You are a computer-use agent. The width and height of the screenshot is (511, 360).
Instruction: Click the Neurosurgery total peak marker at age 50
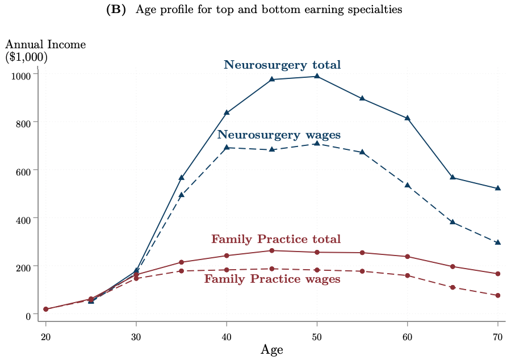317,76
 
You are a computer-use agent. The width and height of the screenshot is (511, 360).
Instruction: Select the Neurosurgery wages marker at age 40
227,147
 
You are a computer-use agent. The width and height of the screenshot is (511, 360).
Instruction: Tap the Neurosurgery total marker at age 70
498,188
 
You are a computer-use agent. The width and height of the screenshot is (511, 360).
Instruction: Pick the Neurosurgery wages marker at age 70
498,242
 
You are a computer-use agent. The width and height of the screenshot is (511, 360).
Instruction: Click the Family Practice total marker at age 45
271,250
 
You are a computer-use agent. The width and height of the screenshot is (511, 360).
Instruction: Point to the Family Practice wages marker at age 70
498,295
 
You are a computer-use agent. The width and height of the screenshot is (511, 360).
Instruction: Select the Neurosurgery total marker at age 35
181,177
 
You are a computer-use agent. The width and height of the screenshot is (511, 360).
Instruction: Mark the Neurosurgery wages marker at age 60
407,185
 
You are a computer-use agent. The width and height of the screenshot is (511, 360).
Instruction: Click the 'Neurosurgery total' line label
282,65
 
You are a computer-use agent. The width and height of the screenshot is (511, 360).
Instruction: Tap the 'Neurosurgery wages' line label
279,135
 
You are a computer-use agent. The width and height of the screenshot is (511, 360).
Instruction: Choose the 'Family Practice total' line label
276,239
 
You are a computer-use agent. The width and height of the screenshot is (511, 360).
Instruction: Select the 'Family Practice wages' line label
272,279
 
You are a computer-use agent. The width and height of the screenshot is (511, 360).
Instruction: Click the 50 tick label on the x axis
317,337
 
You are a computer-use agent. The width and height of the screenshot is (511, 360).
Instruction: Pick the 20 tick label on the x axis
45,337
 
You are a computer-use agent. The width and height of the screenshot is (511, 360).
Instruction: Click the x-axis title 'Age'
271,350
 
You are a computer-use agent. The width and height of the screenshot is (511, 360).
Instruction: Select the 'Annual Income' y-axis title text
45,45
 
